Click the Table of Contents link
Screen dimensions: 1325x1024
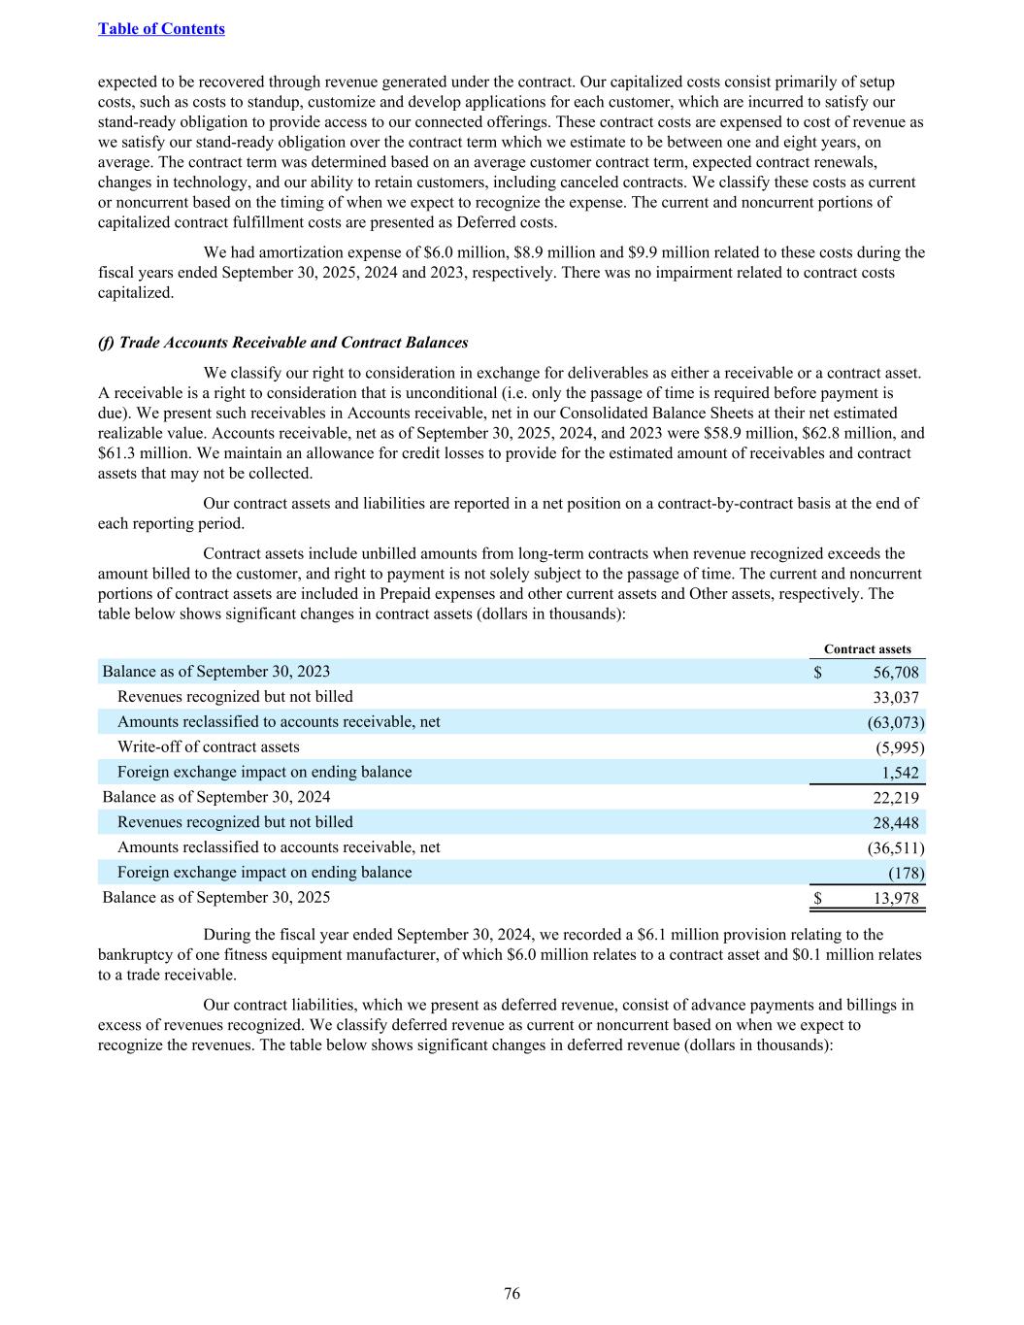click(x=161, y=29)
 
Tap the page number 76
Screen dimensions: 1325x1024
click(x=512, y=1293)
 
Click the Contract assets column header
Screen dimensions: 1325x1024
click(x=867, y=649)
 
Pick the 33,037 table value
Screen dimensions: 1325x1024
click(x=896, y=697)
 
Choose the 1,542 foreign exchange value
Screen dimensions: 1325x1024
click(x=901, y=773)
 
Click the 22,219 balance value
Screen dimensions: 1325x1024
click(x=896, y=798)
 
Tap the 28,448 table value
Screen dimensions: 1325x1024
click(x=896, y=823)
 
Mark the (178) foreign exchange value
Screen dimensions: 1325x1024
click(x=905, y=873)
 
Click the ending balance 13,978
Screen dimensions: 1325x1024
click(x=896, y=898)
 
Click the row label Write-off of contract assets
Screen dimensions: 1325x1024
click(x=208, y=747)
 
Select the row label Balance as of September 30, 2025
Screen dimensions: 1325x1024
click(x=215, y=898)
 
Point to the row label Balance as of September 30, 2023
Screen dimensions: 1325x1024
click(x=215, y=672)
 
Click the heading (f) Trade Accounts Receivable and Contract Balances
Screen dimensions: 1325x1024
click(x=283, y=343)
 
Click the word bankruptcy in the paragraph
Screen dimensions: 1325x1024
click(x=136, y=955)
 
